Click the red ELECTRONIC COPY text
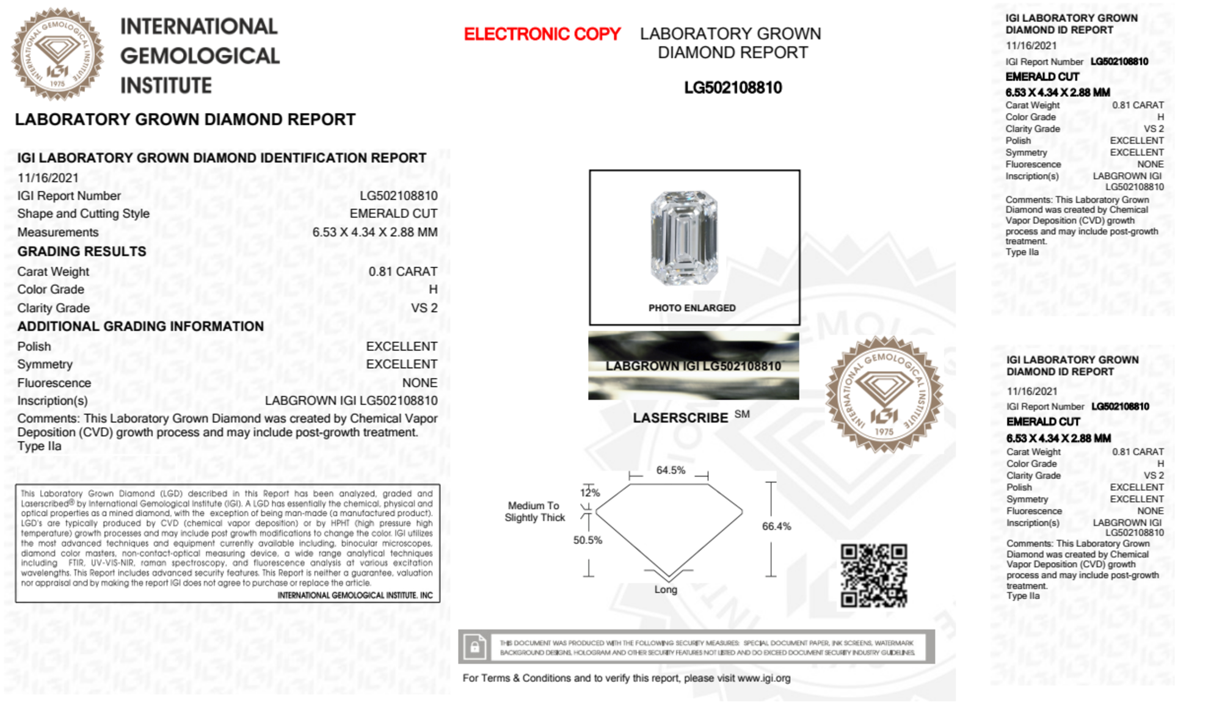542,34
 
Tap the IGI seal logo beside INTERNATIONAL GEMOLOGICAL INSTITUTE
57,54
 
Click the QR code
873,576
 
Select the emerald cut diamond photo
683,237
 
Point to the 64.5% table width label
671,470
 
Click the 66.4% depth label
776,526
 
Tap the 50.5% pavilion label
587,540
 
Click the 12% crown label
590,493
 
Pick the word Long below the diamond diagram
666,590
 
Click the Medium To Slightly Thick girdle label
534,512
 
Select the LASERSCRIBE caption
680,418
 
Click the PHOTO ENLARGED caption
692,308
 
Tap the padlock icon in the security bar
475,647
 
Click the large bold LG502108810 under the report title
733,88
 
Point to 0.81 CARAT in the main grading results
402,272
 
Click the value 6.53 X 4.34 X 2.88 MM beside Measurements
374,233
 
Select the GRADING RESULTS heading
82,252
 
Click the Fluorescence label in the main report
54,383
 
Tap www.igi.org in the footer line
763,678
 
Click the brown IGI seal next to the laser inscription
884,394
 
